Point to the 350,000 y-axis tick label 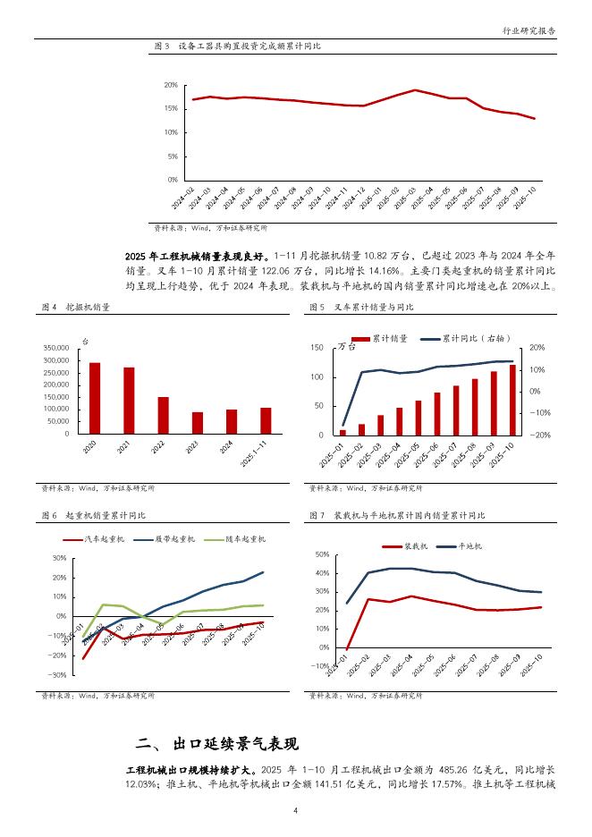(x=55, y=348)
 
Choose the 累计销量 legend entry (x=380, y=339)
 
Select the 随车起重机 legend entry (x=233, y=539)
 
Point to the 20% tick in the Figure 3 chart (x=170, y=85)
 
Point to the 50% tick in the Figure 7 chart (x=323, y=554)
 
